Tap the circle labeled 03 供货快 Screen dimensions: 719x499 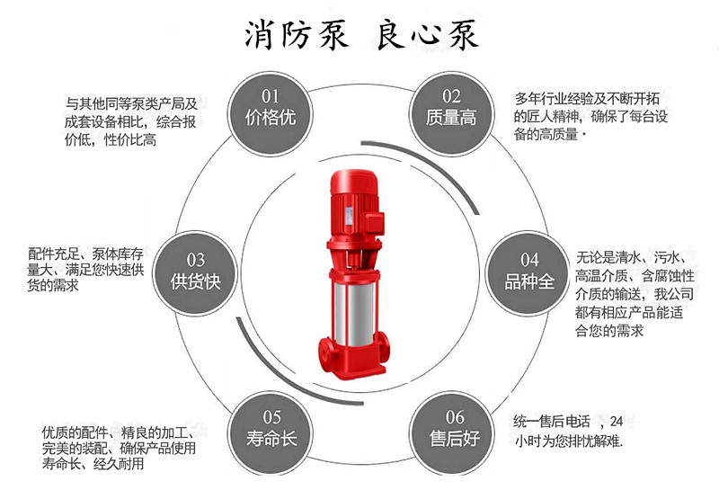click(195, 273)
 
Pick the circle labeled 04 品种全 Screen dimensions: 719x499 click(528, 273)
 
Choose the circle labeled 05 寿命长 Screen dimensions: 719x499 click(271, 433)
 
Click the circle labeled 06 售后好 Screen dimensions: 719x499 click(452, 433)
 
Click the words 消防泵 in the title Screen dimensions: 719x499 click(297, 35)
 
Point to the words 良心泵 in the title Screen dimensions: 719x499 click(428, 35)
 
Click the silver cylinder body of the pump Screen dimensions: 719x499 click(354, 314)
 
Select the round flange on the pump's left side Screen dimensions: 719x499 click(326, 353)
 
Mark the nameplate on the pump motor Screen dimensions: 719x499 click(349, 216)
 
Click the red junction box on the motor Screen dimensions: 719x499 click(374, 223)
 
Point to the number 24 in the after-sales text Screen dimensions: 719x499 click(617, 421)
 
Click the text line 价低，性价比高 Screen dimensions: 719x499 click(111, 140)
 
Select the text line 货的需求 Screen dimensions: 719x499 click(53, 286)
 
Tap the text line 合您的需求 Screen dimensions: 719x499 click(609, 331)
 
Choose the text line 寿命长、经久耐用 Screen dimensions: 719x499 click(93, 464)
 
